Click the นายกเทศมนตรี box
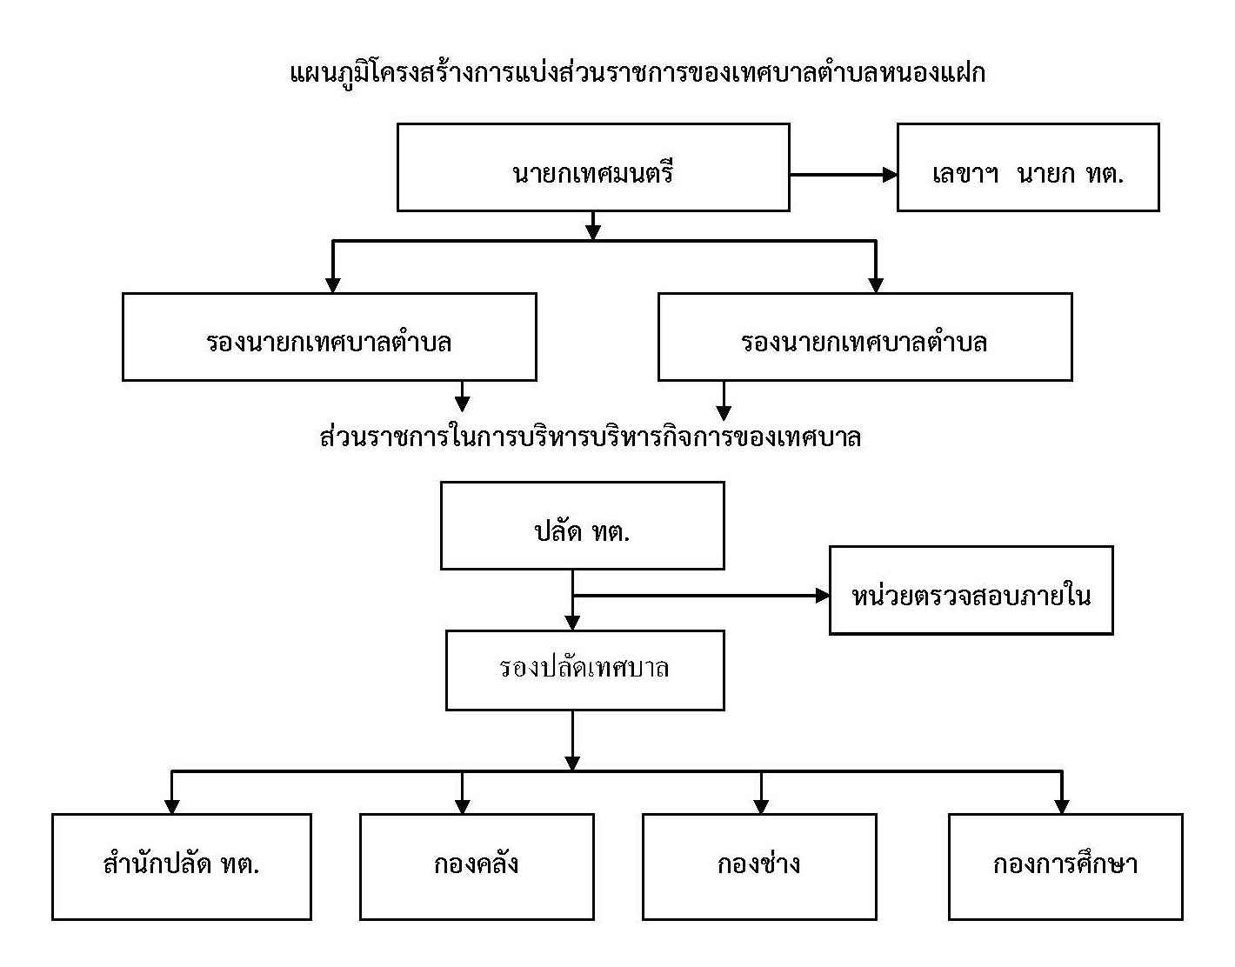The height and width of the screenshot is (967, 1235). click(593, 168)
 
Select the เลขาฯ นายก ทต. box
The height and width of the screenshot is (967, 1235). click(1028, 168)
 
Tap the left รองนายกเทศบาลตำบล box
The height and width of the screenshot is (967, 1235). click(330, 337)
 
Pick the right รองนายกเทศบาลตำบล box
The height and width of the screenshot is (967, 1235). click(865, 337)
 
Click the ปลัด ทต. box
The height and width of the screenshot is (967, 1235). click(583, 525)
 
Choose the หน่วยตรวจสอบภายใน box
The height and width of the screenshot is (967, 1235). click(971, 590)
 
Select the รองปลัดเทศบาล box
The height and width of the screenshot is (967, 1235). click(585, 670)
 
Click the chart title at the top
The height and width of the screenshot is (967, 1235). click(638, 74)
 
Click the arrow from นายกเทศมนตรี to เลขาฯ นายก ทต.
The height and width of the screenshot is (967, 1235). click(844, 175)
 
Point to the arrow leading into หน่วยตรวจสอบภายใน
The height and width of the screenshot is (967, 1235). click(701, 596)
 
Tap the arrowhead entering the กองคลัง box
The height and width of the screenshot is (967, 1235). click(463, 807)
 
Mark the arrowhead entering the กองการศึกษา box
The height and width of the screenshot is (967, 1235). click(1062, 807)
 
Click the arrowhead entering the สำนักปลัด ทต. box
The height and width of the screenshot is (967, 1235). click(172, 807)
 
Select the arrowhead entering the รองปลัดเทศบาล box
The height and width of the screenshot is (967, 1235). click(573, 624)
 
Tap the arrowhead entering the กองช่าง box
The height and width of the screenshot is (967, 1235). click(761, 807)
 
